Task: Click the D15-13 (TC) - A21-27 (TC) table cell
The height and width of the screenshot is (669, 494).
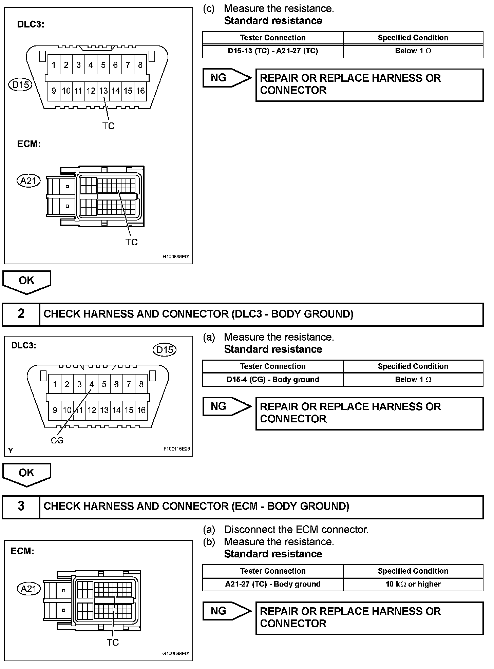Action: click(273, 51)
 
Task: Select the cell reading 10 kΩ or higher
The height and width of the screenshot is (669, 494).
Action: click(413, 584)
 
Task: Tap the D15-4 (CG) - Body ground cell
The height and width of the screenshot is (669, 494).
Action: click(273, 380)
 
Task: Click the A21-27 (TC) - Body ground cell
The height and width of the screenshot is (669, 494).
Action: click(273, 584)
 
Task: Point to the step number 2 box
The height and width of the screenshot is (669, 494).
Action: click(21, 314)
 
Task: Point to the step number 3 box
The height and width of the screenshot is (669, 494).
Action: click(21, 506)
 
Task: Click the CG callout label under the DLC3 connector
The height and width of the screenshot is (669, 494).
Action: click(57, 440)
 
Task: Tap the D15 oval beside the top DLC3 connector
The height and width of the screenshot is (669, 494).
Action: click(20, 84)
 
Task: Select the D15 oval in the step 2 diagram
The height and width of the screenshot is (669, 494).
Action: click(165, 349)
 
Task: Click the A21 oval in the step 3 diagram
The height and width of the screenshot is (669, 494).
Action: click(28, 589)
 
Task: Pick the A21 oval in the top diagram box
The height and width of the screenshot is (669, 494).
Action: click(28, 181)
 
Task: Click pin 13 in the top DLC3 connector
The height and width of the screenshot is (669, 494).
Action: click(103, 91)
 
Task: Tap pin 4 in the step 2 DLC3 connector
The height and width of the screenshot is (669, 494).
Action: click(92, 384)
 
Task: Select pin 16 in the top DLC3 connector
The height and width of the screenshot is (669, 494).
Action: click(140, 91)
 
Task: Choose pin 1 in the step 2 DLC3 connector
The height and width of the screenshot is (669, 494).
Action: click(55, 384)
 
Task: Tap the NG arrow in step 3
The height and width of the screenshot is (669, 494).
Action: click(226, 611)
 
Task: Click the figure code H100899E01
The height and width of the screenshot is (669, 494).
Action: click(176, 257)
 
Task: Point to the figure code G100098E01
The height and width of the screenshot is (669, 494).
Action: click(176, 653)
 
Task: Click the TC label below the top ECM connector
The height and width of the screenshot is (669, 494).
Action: click(132, 242)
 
